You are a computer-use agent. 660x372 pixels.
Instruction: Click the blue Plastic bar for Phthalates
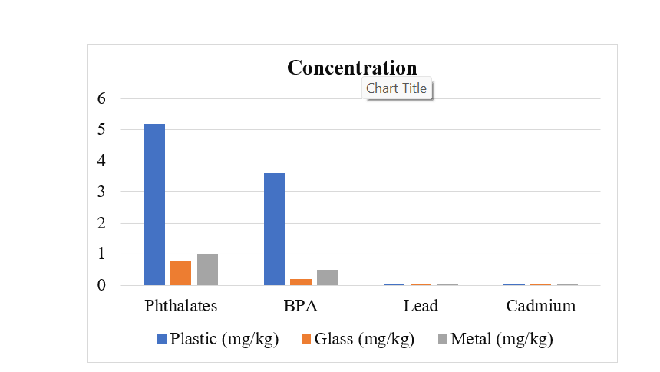pyautogui.click(x=153, y=204)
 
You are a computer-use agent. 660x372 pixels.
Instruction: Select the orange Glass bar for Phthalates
pyautogui.click(x=181, y=273)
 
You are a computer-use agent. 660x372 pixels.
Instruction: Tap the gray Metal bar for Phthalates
pyautogui.click(x=207, y=270)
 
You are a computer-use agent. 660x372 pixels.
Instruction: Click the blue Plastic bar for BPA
pyautogui.click(x=274, y=229)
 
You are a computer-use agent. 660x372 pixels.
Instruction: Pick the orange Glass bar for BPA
pyautogui.click(x=301, y=282)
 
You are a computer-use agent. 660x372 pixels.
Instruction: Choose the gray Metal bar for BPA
pyautogui.click(x=327, y=277)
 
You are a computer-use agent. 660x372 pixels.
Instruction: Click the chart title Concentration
pyautogui.click(x=351, y=67)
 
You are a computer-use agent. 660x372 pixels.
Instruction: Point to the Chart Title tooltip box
pyautogui.click(x=396, y=88)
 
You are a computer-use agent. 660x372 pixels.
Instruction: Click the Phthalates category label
pyautogui.click(x=181, y=306)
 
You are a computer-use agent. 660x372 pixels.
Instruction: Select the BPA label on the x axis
pyautogui.click(x=300, y=306)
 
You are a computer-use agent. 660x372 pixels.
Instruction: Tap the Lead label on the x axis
pyautogui.click(x=421, y=306)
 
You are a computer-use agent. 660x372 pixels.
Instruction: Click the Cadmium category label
pyautogui.click(x=540, y=306)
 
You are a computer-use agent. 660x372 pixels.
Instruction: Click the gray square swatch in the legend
pyautogui.click(x=442, y=339)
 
